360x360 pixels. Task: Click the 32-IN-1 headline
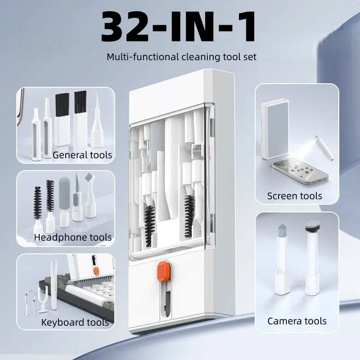(178, 27)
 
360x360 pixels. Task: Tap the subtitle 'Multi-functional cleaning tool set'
(181, 57)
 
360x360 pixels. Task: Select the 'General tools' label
(82, 155)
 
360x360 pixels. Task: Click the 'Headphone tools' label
(73, 237)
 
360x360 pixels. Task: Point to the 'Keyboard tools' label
(75, 322)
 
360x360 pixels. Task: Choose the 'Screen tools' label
(295, 196)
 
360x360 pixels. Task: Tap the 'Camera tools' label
(297, 321)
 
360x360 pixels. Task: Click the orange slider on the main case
(164, 271)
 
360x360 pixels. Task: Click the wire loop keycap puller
(30, 302)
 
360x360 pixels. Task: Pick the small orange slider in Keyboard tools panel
(96, 271)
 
